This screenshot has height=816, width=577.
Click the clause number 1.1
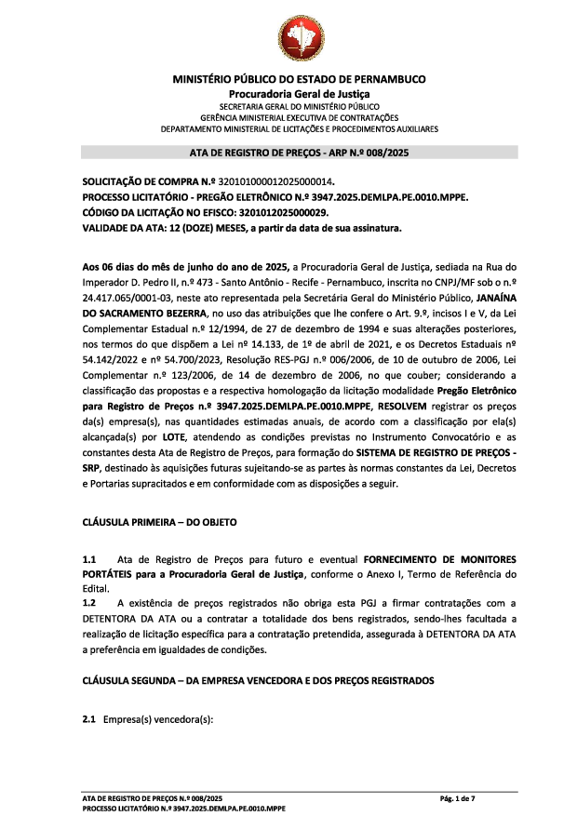point(89,558)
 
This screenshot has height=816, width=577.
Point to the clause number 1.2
point(89,604)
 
